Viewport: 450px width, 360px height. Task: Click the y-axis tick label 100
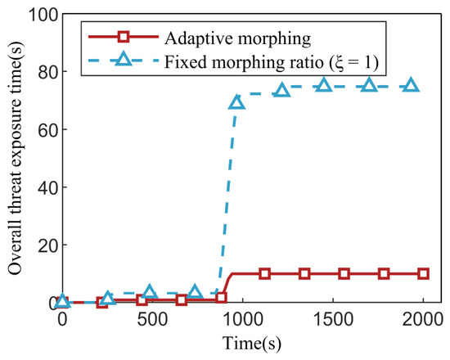pos(43,15)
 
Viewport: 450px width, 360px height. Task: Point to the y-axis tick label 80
pos(48,72)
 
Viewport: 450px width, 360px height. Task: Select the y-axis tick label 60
pos(48,130)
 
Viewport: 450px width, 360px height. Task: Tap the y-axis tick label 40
pos(48,187)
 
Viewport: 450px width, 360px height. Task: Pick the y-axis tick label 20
pos(48,245)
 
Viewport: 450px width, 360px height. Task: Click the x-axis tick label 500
pos(152,319)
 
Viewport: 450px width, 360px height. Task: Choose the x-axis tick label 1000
pos(243,319)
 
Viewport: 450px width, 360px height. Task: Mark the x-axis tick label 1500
pos(333,319)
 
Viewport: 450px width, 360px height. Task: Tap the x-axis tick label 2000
pos(422,319)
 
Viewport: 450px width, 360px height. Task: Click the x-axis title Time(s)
pos(252,344)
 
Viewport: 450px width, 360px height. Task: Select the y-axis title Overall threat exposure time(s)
pos(15,158)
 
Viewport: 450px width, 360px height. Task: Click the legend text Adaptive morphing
pos(238,38)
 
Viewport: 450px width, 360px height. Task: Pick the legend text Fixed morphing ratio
pos(244,61)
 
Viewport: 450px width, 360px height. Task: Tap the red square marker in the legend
pos(124,37)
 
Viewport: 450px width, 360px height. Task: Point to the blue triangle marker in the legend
pos(124,59)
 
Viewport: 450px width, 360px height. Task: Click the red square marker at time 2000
pos(423,273)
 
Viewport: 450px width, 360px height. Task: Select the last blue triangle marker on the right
pos(411,85)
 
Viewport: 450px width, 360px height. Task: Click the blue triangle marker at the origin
pos(62,301)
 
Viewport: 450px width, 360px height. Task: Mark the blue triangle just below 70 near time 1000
pos(236,102)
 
